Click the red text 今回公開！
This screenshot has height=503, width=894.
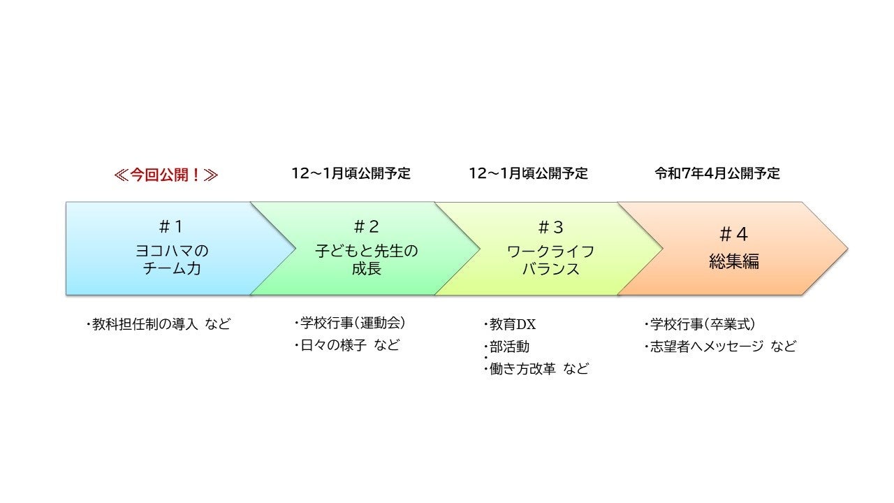(166, 174)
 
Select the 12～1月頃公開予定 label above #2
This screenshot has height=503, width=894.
(351, 174)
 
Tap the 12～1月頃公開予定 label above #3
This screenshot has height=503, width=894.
(529, 174)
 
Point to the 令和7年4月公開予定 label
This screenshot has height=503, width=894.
(717, 174)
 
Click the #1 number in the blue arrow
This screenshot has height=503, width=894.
(171, 226)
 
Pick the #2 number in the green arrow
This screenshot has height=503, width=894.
(366, 226)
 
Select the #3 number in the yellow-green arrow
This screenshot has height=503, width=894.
(550, 227)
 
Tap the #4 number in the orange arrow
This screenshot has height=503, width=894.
(733, 234)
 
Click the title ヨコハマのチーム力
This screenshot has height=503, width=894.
(171, 259)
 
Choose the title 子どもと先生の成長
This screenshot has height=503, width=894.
(366, 259)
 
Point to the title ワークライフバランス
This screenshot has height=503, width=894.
(550, 260)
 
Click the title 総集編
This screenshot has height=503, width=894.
(733, 262)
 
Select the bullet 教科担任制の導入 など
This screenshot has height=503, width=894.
(159, 324)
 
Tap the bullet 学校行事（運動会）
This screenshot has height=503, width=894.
(351, 323)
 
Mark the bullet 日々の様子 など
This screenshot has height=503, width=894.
(347, 345)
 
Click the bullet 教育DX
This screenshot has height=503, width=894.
(511, 325)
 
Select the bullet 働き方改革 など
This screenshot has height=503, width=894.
(537, 370)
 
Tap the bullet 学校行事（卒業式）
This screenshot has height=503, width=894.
(701, 324)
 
